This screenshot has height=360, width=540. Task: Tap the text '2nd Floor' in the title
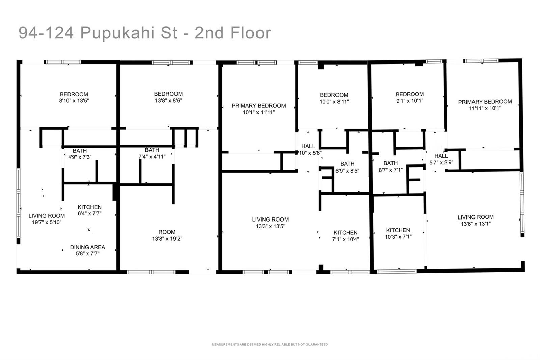tap(233, 33)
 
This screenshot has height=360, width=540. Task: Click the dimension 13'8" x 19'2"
tap(167, 239)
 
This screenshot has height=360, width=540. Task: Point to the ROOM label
tap(167, 232)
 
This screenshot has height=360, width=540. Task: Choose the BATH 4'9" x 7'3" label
tap(80, 154)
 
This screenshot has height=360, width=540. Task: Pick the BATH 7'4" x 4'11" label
tap(152, 153)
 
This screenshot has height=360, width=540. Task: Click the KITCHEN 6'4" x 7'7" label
tap(89, 210)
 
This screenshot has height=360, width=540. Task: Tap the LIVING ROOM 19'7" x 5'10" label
tap(47, 219)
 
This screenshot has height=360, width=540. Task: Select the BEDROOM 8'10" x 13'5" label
tap(74, 97)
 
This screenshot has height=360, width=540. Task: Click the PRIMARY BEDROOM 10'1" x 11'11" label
tap(259, 109)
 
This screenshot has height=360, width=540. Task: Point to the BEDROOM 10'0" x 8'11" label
tap(334, 98)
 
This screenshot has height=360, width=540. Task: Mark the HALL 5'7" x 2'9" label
tap(441, 159)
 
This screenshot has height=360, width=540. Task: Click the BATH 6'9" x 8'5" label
tap(347, 167)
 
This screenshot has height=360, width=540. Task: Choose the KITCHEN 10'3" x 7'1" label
tap(398, 233)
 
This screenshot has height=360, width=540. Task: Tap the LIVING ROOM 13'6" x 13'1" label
tap(476, 220)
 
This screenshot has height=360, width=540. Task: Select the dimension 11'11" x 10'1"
tap(485, 108)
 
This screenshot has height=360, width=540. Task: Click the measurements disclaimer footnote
tap(270, 344)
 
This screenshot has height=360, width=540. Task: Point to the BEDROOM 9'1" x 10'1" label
tap(410, 97)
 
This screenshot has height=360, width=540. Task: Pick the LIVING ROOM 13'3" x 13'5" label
tap(270, 223)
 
